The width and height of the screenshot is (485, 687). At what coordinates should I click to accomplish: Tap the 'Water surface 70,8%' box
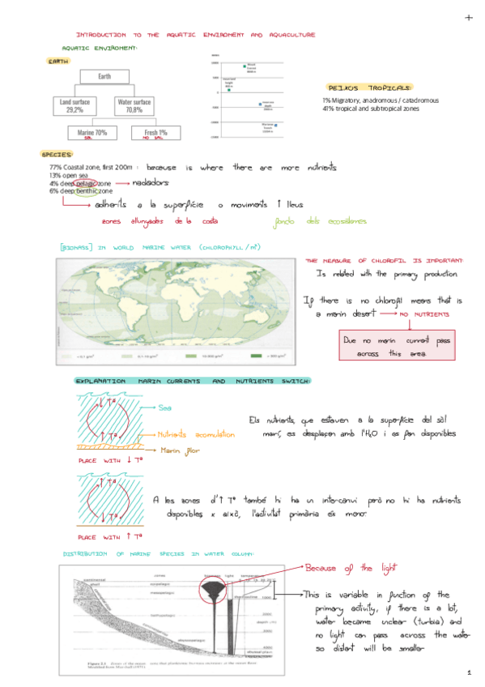click(x=134, y=106)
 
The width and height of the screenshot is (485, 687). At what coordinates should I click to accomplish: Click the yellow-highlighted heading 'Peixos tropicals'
click(x=368, y=87)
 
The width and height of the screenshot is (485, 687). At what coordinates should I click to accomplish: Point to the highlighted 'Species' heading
click(x=57, y=154)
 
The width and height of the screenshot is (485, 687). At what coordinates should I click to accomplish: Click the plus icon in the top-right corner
click(x=468, y=17)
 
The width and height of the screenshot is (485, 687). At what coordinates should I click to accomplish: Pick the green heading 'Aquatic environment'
click(x=100, y=49)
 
